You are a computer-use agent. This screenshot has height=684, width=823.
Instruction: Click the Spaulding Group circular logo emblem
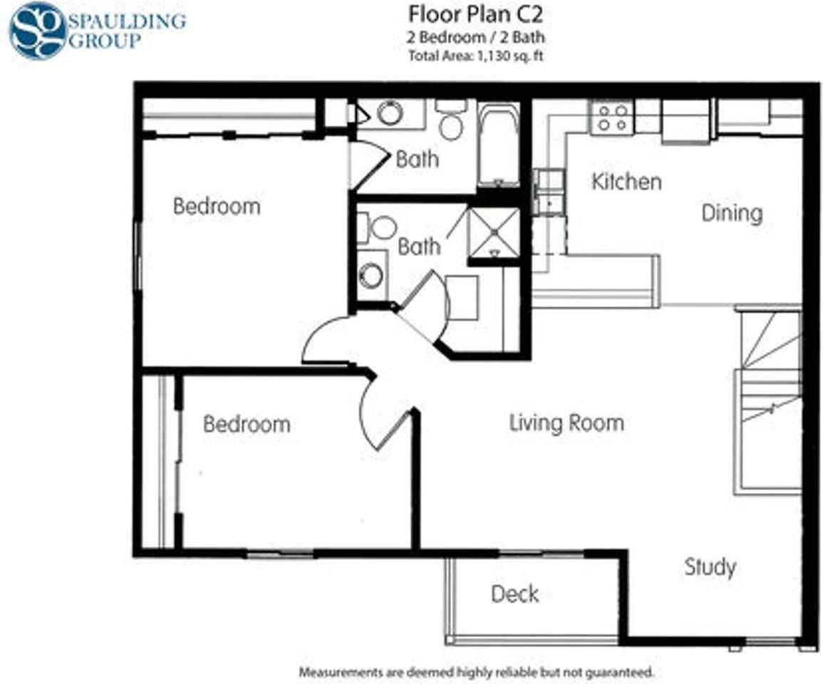click(37, 30)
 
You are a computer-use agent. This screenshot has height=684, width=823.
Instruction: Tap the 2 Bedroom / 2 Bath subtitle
click(475, 38)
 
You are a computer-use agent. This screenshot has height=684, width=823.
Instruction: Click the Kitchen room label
click(626, 182)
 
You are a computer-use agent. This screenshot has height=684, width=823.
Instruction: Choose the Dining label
click(732, 213)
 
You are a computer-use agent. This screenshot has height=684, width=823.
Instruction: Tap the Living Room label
click(566, 423)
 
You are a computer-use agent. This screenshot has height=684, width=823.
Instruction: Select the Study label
click(710, 567)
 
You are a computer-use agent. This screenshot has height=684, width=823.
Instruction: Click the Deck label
click(514, 594)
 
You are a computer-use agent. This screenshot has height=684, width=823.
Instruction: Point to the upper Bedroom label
click(217, 207)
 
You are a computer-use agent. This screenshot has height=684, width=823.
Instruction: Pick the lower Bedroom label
click(247, 424)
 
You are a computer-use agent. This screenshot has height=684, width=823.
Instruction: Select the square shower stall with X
click(494, 232)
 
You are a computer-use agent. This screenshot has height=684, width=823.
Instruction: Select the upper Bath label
click(417, 159)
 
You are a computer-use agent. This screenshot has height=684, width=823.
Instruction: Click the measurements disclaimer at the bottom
click(475, 672)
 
